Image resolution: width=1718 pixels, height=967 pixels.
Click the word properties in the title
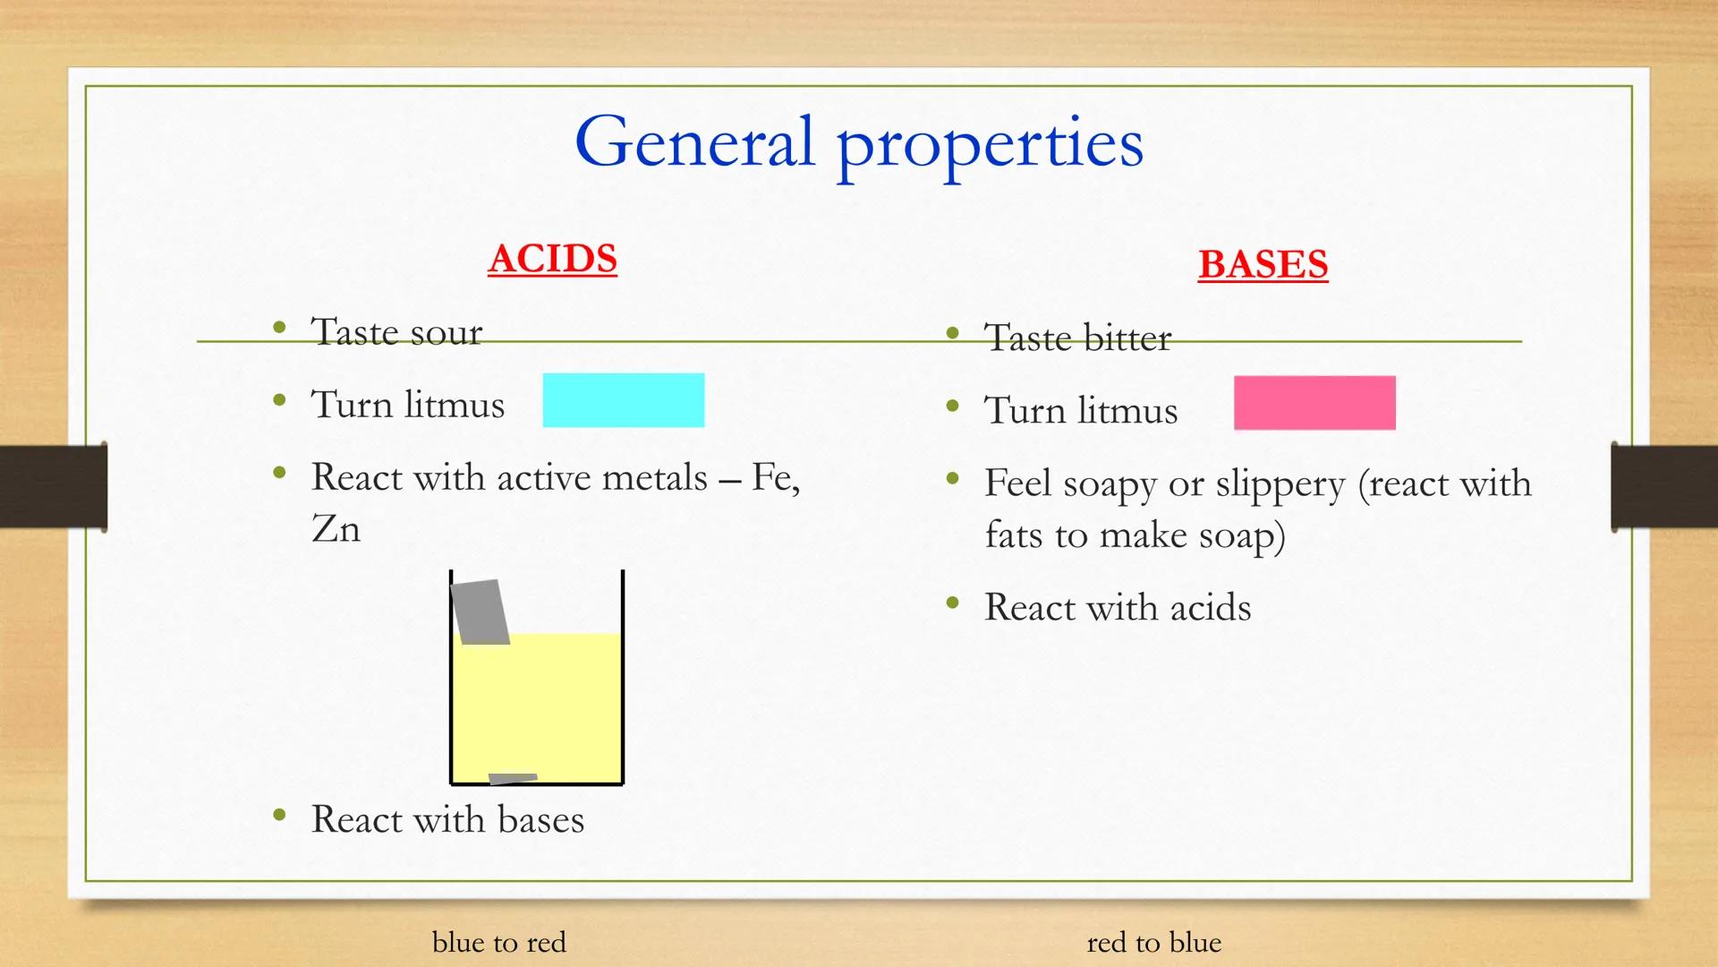point(990,145)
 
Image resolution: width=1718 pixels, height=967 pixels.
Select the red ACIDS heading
point(552,259)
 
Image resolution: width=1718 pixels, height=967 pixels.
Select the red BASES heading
point(1263,264)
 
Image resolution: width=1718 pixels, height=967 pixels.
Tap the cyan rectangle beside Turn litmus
point(623,400)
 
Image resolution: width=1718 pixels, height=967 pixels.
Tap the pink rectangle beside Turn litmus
point(1314,403)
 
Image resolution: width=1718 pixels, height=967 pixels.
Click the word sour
point(446,333)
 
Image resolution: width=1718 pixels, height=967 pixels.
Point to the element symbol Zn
point(336,528)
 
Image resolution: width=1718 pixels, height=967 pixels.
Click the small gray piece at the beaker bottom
point(512,778)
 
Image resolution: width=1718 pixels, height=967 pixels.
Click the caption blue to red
point(498,942)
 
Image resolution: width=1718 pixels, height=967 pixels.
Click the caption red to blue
point(1153,942)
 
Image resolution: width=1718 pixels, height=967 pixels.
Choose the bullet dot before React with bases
point(280,816)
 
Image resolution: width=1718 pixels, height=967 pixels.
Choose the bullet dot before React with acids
point(953,603)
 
